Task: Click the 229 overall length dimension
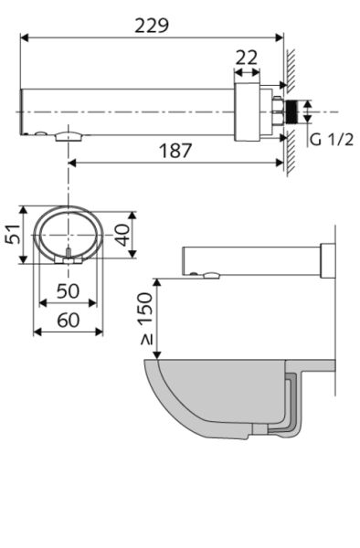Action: coord(153,25)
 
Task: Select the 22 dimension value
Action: coord(247,58)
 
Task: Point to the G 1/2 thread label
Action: coord(328,140)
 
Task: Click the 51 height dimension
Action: coord(12,235)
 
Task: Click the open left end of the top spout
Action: coord(22,113)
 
